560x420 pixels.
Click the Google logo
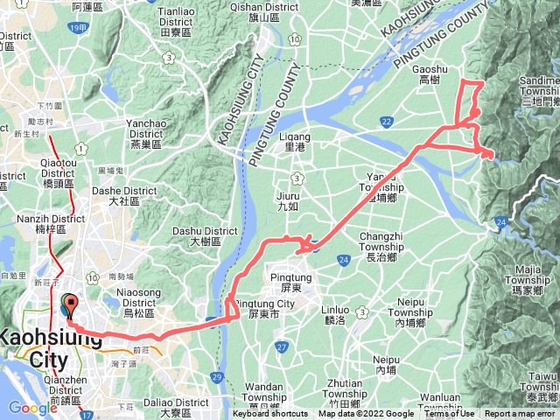coord(32,408)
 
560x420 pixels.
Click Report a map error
coord(520,415)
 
